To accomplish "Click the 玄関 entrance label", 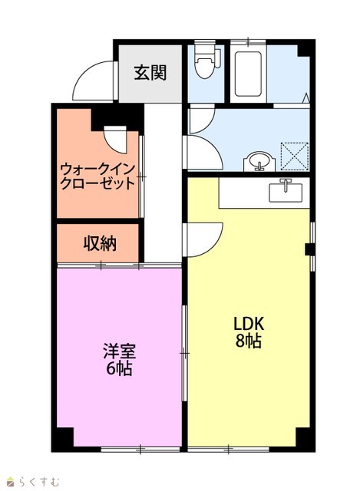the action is [x=150, y=73].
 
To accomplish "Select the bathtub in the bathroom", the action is [x=248, y=74].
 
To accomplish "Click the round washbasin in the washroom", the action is [x=259, y=162].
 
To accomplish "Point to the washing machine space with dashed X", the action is [x=295, y=157].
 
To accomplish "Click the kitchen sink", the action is [x=286, y=190].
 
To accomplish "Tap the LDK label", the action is [x=249, y=325].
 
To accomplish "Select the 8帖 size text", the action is [x=249, y=341].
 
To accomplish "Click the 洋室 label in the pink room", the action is [x=120, y=351].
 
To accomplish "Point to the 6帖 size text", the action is [x=119, y=368].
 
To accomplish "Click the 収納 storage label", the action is [x=100, y=243].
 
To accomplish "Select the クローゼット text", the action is [x=97, y=183].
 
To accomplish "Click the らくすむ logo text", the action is [x=38, y=481].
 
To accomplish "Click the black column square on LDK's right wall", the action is [x=309, y=249].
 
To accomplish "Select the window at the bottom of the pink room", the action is [x=140, y=450].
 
